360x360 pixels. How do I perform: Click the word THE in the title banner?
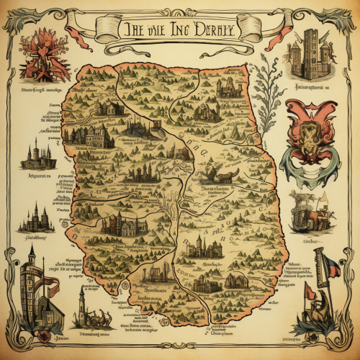pos(132,30)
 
